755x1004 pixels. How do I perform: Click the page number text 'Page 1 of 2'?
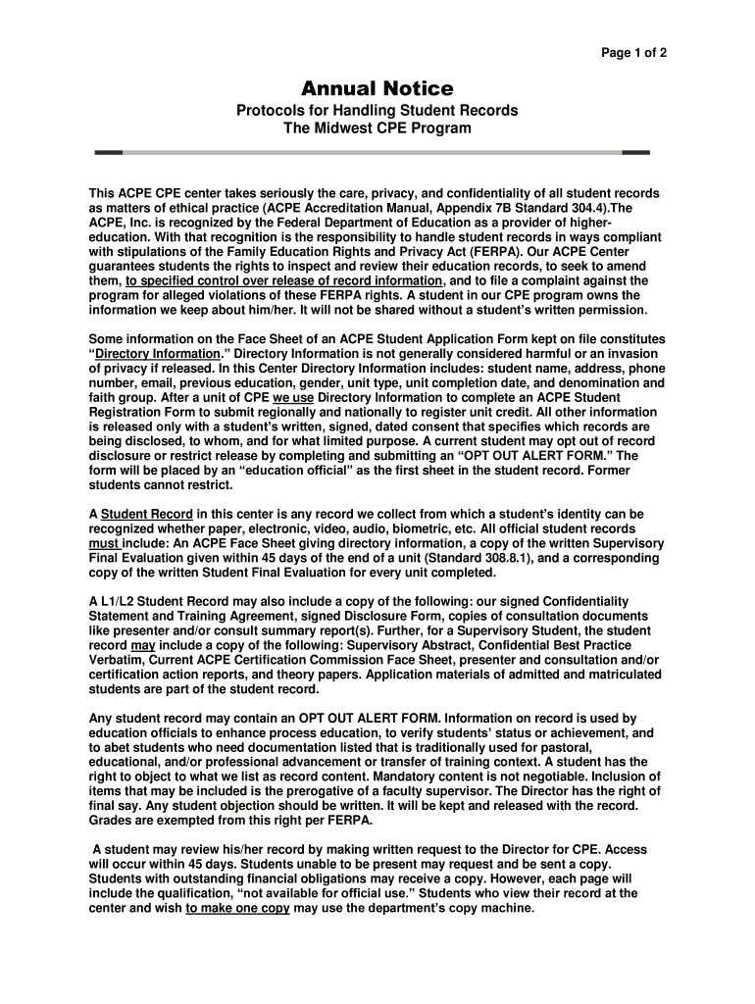(x=634, y=53)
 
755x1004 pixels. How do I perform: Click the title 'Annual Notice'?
(x=377, y=89)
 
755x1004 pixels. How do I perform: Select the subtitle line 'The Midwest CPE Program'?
(x=377, y=128)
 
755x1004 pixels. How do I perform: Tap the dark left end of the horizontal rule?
(x=108, y=153)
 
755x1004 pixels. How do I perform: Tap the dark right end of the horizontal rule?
(x=635, y=153)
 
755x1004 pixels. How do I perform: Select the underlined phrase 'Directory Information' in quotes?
(x=158, y=354)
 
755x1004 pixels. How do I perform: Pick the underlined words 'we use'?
(x=293, y=397)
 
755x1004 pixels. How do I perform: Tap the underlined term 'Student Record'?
(x=147, y=514)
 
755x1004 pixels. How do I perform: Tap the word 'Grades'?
(x=112, y=821)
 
